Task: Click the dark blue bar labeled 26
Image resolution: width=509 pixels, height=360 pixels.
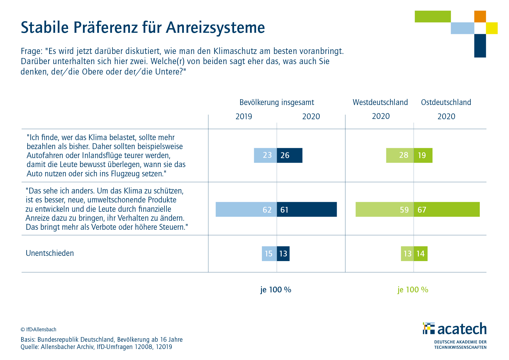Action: coord(289,155)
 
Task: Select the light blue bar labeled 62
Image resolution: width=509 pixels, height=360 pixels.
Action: coord(246,209)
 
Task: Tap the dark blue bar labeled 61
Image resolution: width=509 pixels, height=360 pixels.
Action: coord(307,209)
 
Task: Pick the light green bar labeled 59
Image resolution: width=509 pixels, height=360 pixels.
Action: coord(385,209)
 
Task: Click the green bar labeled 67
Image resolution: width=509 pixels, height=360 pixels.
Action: coord(447,209)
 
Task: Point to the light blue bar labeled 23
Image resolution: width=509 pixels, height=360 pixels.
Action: coord(265,155)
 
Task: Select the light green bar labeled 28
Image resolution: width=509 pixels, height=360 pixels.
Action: coord(400,155)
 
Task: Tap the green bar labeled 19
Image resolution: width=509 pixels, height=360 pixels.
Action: coord(423,155)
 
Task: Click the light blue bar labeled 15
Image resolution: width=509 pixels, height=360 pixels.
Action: coord(269,254)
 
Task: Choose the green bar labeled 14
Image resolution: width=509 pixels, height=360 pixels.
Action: coord(421,254)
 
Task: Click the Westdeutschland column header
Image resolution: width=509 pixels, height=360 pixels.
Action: coord(380,102)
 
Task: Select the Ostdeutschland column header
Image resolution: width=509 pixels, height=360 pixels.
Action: coord(446,102)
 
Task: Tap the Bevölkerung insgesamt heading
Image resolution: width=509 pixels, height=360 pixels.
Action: coord(277,103)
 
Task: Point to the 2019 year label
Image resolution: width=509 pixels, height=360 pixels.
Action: coord(244,117)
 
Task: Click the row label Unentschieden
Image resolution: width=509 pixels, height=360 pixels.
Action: coord(50,253)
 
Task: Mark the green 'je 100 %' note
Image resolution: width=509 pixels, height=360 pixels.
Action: coord(413,290)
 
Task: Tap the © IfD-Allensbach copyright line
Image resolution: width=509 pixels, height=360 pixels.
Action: coord(39,330)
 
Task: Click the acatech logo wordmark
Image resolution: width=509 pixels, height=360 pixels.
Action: coord(462,329)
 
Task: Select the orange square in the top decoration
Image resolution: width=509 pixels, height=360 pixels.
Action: coord(480,17)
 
